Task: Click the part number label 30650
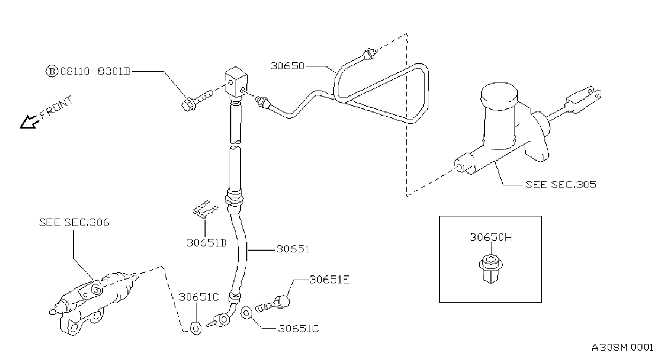click(x=287, y=66)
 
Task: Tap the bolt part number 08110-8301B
click(x=95, y=71)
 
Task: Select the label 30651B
click(x=207, y=243)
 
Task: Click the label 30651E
click(x=329, y=280)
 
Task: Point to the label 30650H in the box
click(x=491, y=237)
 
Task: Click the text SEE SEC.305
click(x=561, y=185)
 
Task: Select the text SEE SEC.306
click(x=74, y=222)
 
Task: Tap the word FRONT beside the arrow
click(x=56, y=108)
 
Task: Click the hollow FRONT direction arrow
click(x=29, y=122)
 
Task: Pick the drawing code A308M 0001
click(x=622, y=348)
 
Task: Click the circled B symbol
click(x=52, y=71)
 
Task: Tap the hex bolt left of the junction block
click(x=197, y=101)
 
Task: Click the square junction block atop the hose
click(x=236, y=82)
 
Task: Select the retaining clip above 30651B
click(x=205, y=209)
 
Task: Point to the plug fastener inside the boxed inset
click(x=490, y=269)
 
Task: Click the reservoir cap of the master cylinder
click(x=499, y=95)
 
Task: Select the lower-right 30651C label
click(x=298, y=329)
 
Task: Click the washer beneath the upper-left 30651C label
click(x=196, y=328)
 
